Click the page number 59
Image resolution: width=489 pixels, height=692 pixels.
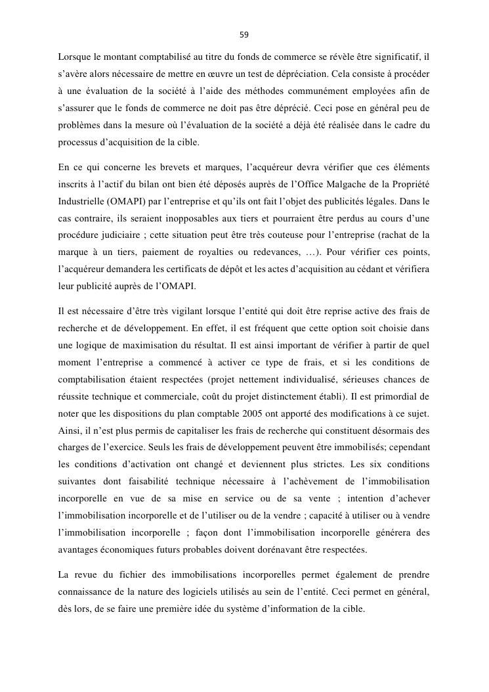244,34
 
